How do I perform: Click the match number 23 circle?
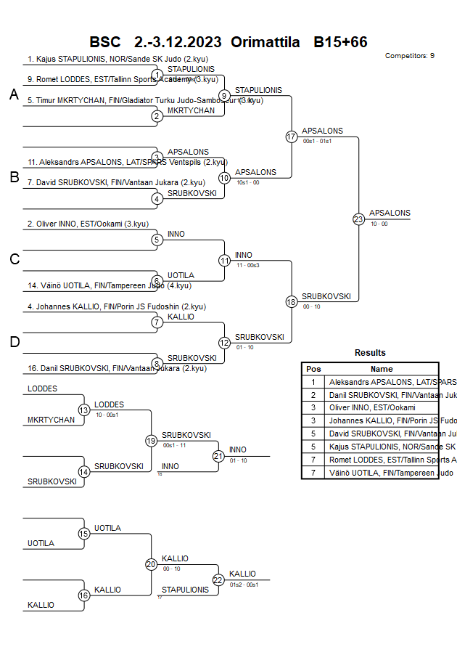pyautogui.click(x=358, y=219)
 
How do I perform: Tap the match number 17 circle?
pyautogui.click(x=292, y=137)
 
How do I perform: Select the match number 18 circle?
pyautogui.click(x=292, y=301)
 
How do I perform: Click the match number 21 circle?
pyautogui.click(x=218, y=456)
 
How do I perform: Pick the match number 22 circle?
pyautogui.click(x=218, y=579)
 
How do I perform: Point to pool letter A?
pyautogui.click(x=14, y=94)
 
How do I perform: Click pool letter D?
pyautogui.click(x=14, y=342)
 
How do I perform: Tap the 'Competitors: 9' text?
pyautogui.click(x=409, y=55)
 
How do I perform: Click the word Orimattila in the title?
pyautogui.click(x=265, y=42)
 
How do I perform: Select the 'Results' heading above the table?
pyautogui.click(x=370, y=353)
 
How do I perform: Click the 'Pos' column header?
pyautogui.click(x=313, y=369)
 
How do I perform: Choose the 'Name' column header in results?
pyautogui.click(x=382, y=369)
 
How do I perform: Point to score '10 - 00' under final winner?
pyautogui.click(x=379, y=224)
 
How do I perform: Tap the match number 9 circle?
pyautogui.click(x=224, y=95)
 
